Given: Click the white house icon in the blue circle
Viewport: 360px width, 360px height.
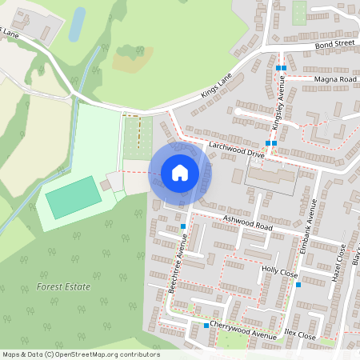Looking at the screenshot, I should point(180,172).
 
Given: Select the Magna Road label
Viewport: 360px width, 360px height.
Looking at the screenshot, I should point(334,80).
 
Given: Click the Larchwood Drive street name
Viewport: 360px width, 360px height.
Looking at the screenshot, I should point(234,150).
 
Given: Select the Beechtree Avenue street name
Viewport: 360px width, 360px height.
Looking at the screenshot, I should point(178,268).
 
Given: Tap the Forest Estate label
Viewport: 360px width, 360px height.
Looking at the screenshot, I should point(63,286).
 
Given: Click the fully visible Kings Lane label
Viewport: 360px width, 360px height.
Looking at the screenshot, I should point(216,87).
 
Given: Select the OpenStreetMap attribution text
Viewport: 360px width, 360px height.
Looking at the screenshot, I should point(80,354).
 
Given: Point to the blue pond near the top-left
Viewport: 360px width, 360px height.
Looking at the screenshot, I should point(77,25).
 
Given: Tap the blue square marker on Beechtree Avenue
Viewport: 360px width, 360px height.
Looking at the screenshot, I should point(184,226).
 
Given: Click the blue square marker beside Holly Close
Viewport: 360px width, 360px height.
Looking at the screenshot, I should point(297,284).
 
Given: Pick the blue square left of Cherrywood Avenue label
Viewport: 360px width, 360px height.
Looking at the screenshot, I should point(206,326).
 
